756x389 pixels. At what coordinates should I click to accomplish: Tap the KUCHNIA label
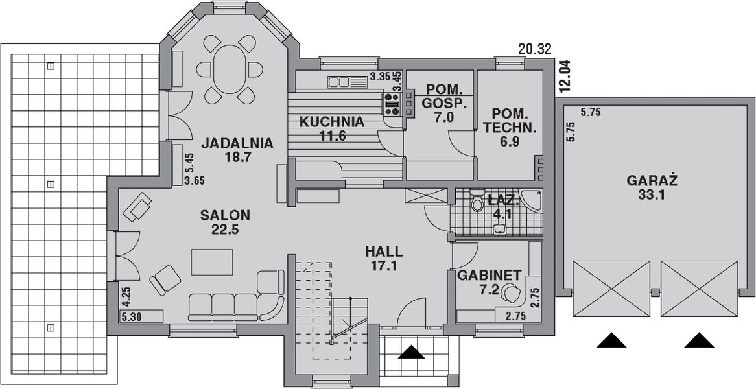(332, 121)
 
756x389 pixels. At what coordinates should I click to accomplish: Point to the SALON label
(225, 215)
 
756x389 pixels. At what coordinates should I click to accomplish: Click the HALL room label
(384, 252)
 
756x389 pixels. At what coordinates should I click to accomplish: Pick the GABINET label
(490, 276)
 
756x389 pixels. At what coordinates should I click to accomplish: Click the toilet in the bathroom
(477, 204)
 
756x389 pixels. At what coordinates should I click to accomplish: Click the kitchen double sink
(348, 82)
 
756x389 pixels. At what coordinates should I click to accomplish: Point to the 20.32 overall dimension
(536, 49)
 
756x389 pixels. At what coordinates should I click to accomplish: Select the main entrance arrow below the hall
(412, 352)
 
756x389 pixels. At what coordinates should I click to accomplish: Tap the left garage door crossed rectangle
(611, 289)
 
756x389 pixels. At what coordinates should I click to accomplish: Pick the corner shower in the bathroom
(532, 200)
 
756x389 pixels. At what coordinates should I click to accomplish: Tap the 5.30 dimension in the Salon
(132, 317)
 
